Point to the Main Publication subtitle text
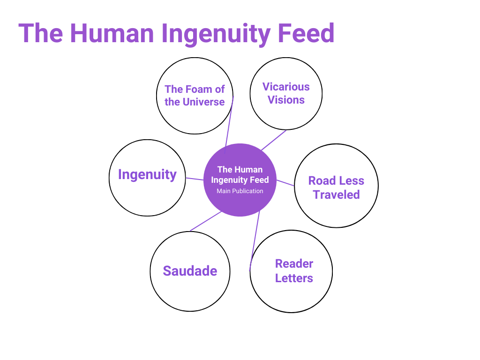pyautogui.click(x=240, y=191)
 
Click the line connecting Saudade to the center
pyautogui.click(x=205, y=221)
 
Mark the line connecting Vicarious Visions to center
pyautogui.click(x=274, y=140)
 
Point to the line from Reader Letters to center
pyautogui.click(x=255, y=241)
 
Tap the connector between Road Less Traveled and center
pyautogui.click(x=285, y=183)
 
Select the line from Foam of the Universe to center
pyautogui.click(x=229, y=124)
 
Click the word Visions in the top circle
pyautogui.click(x=286, y=100)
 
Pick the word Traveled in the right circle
pyautogui.click(x=336, y=195)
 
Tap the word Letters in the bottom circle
pyautogui.click(x=294, y=278)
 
